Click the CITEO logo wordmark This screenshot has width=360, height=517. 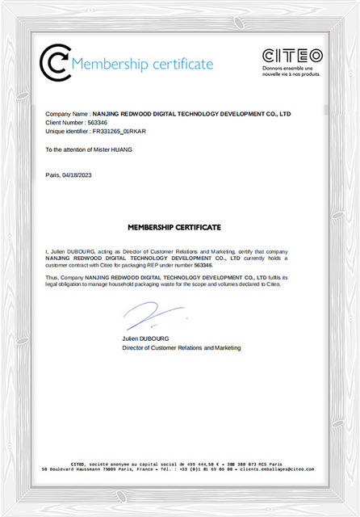292,56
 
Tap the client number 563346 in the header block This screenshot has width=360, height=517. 96,122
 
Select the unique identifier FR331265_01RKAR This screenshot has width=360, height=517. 119,131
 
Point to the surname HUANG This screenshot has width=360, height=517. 119,149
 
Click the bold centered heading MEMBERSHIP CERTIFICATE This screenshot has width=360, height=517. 174,228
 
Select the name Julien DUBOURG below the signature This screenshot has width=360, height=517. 145,338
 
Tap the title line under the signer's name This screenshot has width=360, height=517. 181,347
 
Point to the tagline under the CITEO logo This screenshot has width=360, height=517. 291,71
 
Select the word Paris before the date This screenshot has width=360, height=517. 52,175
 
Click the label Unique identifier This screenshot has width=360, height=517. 66,131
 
